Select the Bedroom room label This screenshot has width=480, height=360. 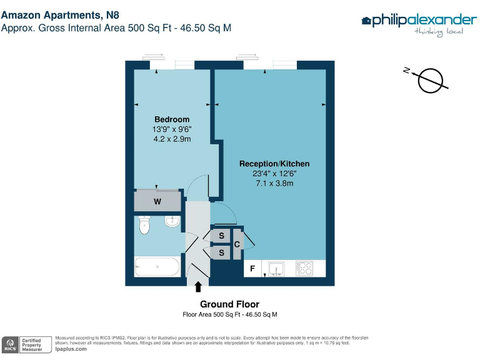[172, 119]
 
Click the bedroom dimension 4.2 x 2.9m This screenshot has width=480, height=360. [172, 139]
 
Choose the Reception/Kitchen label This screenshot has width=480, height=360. [274, 164]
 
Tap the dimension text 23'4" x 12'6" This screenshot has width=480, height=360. [274, 174]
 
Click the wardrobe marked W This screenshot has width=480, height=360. [157, 201]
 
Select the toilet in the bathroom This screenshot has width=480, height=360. [146, 225]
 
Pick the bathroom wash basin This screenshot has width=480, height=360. [172, 221]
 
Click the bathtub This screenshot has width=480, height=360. [157, 267]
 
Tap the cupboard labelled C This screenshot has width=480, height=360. [237, 244]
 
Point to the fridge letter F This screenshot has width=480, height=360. [252, 269]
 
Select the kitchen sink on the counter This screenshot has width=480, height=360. [276, 268]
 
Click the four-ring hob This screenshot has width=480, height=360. [304, 268]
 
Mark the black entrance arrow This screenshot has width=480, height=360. [199, 287]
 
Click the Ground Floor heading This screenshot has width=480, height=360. [229, 304]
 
